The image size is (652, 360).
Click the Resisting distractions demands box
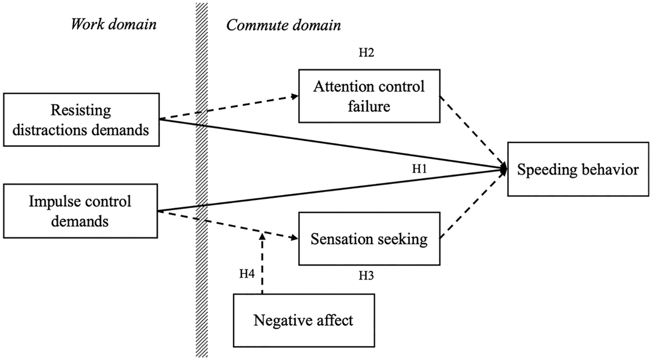[81, 119]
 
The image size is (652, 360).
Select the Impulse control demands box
[80, 211]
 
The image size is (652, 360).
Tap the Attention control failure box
[369, 96]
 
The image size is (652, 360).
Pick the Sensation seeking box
[369, 238]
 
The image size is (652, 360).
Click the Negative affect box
[304, 320]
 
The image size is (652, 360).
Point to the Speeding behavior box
[578, 169]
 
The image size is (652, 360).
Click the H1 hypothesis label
[419, 168]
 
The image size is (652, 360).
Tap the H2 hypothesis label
[366, 53]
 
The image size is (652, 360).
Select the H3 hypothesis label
[366, 275]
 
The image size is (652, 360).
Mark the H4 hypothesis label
[247, 274]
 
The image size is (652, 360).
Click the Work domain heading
[114, 24]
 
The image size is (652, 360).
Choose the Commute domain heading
[284, 25]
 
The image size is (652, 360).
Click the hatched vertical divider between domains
[202, 180]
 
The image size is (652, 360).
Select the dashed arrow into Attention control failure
[229, 107]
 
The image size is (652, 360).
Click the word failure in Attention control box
[369, 106]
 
